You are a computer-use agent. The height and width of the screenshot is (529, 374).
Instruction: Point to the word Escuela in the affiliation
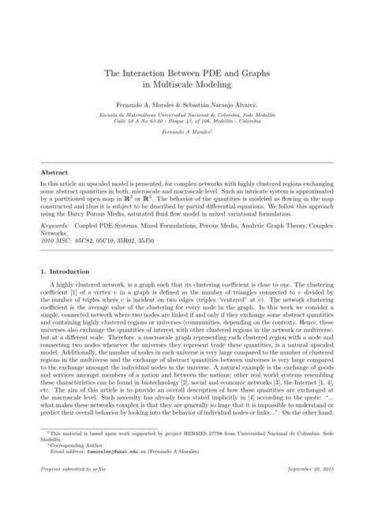click(100, 114)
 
